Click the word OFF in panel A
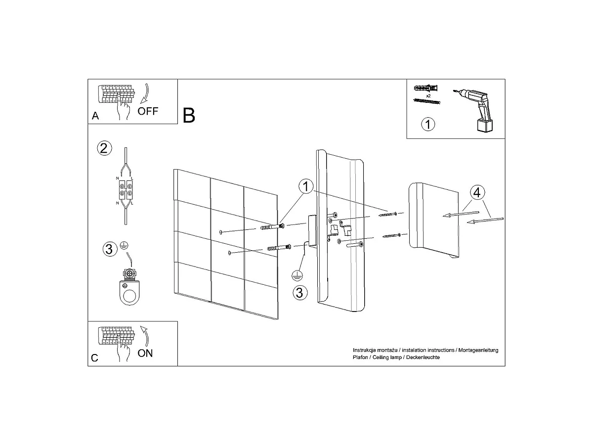(x=148, y=111)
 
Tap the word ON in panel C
(x=145, y=353)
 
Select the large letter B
(x=189, y=115)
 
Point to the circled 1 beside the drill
(x=428, y=124)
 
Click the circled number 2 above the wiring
(x=104, y=148)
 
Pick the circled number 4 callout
(x=477, y=193)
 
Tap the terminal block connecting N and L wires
(x=126, y=190)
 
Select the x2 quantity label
(x=428, y=95)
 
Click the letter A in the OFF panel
(x=95, y=116)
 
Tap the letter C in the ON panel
(x=94, y=358)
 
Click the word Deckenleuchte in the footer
(x=423, y=357)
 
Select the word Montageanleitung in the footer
(x=478, y=350)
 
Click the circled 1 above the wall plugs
(x=306, y=186)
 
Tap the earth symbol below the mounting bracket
(x=297, y=276)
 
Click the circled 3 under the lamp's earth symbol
(x=300, y=293)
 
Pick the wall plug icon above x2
(x=426, y=89)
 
